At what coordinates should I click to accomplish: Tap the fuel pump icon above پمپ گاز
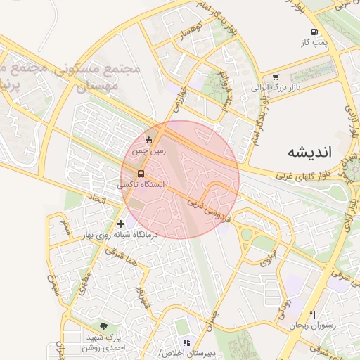tap(314, 32)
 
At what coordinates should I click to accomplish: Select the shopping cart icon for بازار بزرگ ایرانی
tap(276, 78)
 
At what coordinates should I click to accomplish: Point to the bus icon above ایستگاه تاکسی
tap(141, 174)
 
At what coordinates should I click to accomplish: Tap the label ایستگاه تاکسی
tap(143, 185)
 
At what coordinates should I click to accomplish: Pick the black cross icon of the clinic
tap(121, 223)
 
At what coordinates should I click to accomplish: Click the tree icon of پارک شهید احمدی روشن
tap(104, 326)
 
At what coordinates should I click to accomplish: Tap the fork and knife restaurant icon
tap(312, 314)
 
